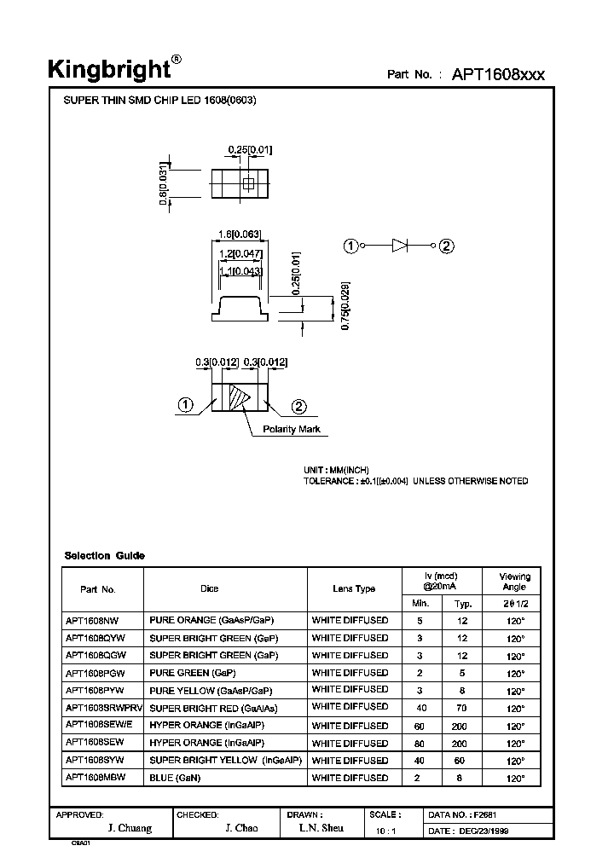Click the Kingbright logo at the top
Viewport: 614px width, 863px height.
click(114, 69)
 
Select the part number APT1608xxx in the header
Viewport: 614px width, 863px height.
click(498, 74)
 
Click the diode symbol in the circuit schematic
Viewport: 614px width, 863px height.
click(401, 246)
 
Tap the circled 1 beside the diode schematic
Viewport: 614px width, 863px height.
click(350, 246)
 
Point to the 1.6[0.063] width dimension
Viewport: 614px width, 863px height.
click(240, 235)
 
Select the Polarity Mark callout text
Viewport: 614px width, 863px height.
click(292, 429)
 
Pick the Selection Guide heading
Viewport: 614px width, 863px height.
click(105, 556)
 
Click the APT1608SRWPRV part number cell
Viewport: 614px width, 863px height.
click(100, 708)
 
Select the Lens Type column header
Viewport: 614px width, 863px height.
click(354, 588)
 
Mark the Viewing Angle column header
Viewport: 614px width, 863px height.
click(514, 582)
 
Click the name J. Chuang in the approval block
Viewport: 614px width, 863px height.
click(131, 828)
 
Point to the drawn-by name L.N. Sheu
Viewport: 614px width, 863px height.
click(321, 828)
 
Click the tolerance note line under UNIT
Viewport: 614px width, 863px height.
click(415, 481)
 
